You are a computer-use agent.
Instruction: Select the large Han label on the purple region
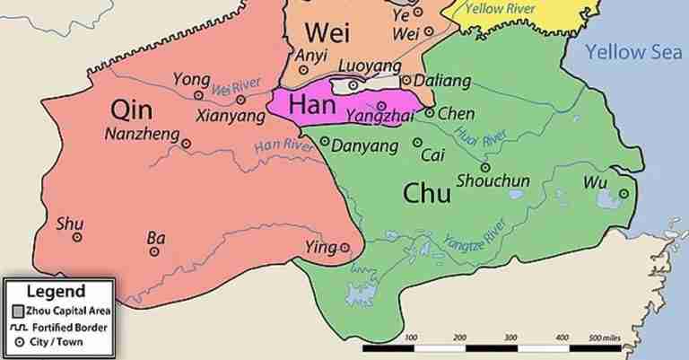coord(312,105)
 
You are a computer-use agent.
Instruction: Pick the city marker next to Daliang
coord(406,81)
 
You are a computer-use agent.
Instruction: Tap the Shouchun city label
coord(493,181)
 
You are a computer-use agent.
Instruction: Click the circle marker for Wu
coord(623,193)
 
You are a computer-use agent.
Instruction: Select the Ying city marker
coord(344,248)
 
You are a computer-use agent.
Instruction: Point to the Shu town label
coord(68,224)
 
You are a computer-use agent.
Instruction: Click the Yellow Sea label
coord(628,52)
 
